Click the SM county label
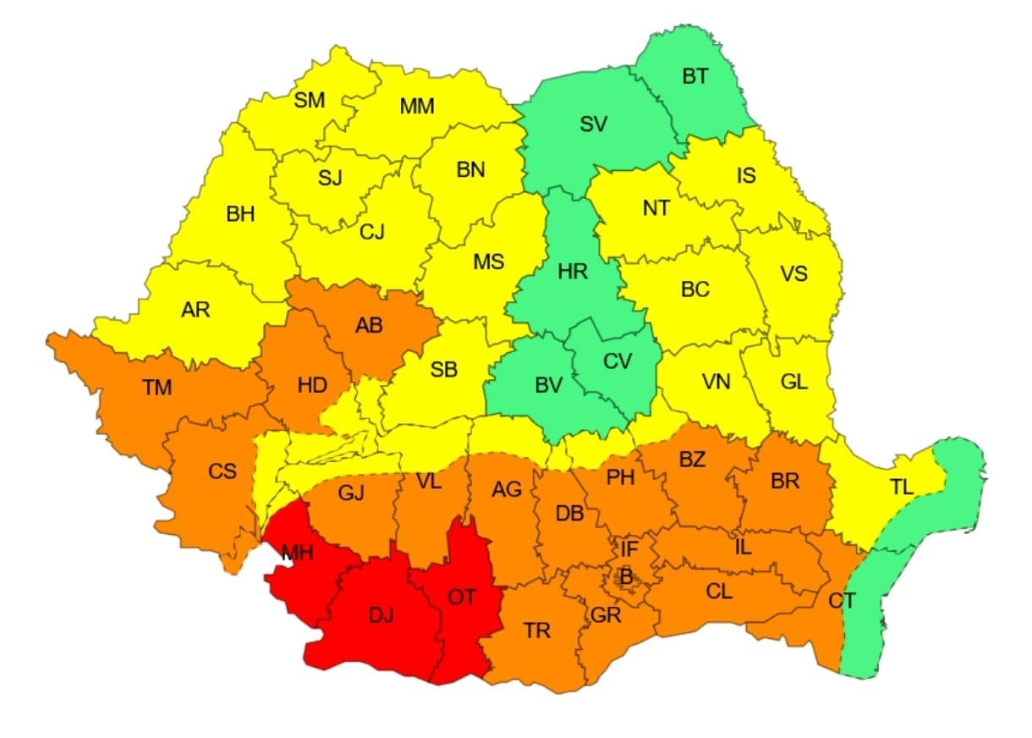(310, 101)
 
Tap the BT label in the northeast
(695, 76)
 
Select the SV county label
(594, 124)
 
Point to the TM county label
(157, 388)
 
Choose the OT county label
(462, 597)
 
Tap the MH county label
(298, 553)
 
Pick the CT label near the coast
(842, 601)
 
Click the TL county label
(902, 487)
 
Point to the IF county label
(629, 549)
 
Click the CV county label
(618, 361)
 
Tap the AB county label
(369, 326)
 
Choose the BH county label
(240, 214)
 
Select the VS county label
(793, 274)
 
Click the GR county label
(607, 615)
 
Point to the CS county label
(222, 471)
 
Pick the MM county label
(417, 107)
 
